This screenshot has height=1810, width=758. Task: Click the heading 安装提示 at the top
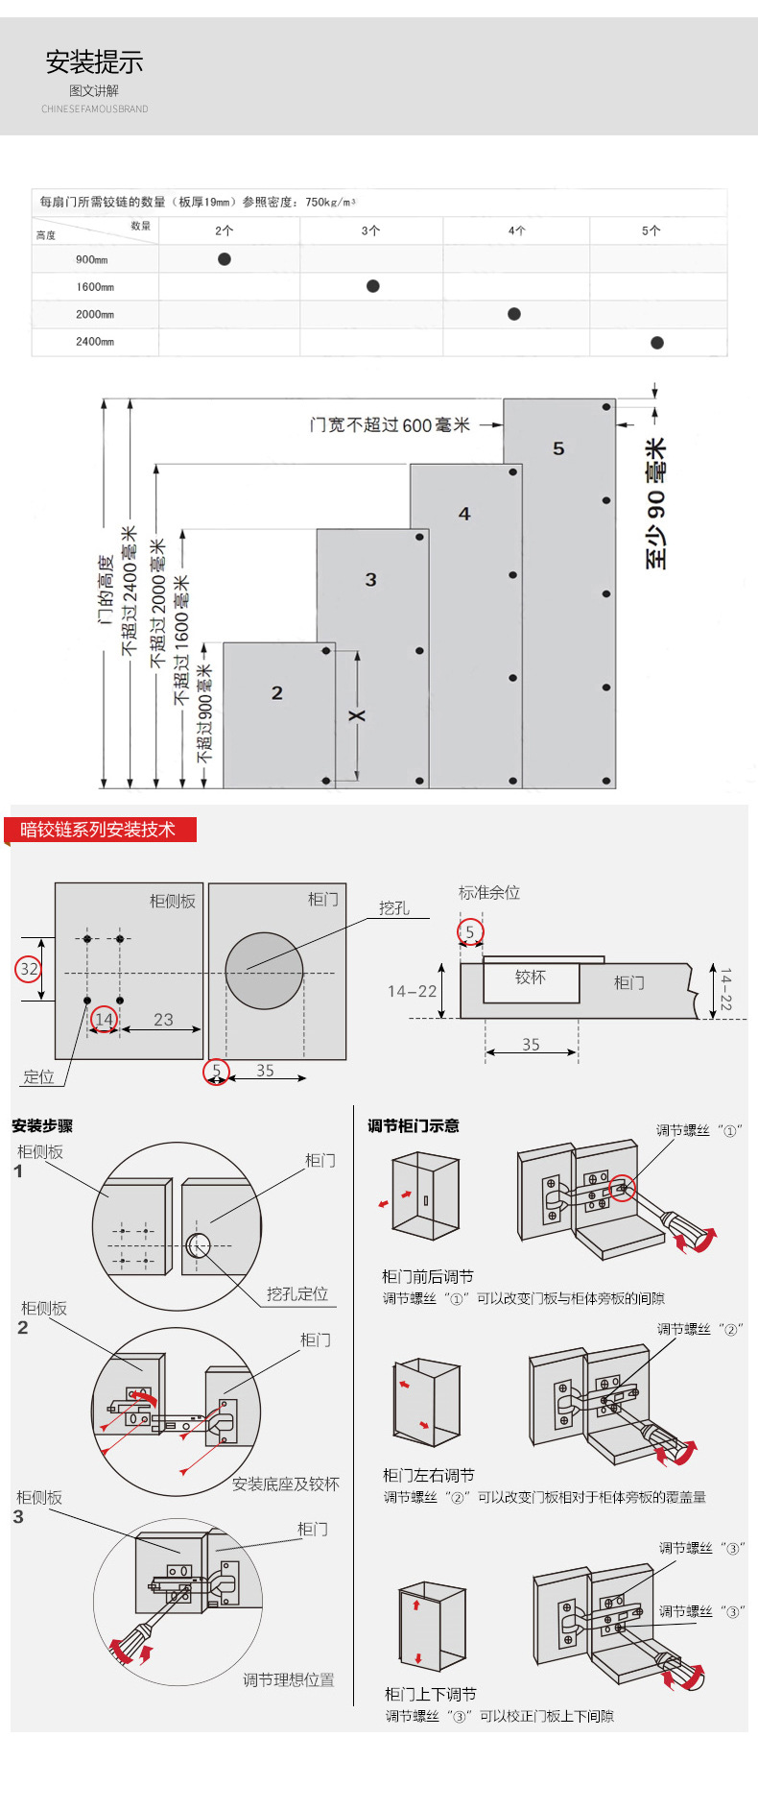[94, 62]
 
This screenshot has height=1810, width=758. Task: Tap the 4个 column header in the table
[517, 230]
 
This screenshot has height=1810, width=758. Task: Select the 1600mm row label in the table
[95, 287]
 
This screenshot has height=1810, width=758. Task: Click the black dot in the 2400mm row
[657, 343]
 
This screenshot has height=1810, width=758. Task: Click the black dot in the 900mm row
[225, 259]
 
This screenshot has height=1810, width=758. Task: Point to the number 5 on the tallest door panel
[558, 448]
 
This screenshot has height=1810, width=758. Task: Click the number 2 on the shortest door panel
[277, 692]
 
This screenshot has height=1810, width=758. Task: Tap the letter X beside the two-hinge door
[357, 715]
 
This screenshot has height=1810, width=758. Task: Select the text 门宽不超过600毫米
[390, 424]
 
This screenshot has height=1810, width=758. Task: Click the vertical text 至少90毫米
[655, 504]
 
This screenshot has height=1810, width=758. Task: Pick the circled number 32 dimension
[29, 969]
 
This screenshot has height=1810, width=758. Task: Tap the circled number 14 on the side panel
[104, 1019]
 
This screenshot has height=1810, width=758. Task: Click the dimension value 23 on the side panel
[163, 1020]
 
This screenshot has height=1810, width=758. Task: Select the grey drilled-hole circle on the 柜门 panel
[264, 971]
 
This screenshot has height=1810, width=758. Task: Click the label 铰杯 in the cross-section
[530, 977]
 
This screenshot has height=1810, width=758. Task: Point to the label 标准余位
[489, 892]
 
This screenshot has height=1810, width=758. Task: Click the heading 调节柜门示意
[414, 1125]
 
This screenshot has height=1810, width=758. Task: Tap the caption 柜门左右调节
[428, 1475]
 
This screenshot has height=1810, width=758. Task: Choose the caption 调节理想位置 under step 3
[289, 1679]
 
